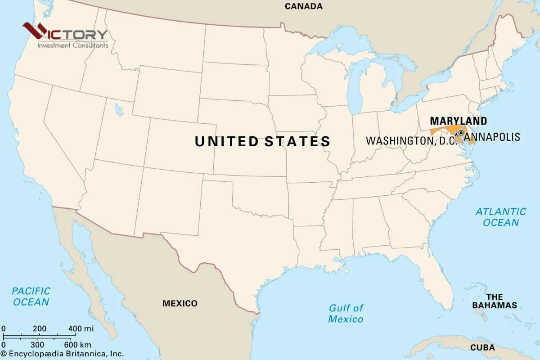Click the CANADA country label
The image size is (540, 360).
tap(304, 6)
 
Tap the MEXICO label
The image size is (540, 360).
tap(180, 303)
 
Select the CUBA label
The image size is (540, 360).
tap(482, 347)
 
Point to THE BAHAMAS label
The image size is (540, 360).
tap(495, 301)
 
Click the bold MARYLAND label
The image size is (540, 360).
tap(458, 121)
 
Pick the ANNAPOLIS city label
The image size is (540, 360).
tap(492, 137)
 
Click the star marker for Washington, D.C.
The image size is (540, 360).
tap(456, 134)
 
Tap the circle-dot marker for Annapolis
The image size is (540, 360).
tap(461, 133)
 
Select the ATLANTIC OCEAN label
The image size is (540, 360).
tap(501, 217)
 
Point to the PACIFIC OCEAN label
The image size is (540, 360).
tap(31, 297)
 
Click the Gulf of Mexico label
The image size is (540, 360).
tap(346, 314)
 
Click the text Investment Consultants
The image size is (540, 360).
tap(72, 45)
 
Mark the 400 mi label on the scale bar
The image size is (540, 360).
tap(81, 328)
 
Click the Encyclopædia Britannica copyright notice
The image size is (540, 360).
tap(62, 354)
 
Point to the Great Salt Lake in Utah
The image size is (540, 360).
tap(119, 109)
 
